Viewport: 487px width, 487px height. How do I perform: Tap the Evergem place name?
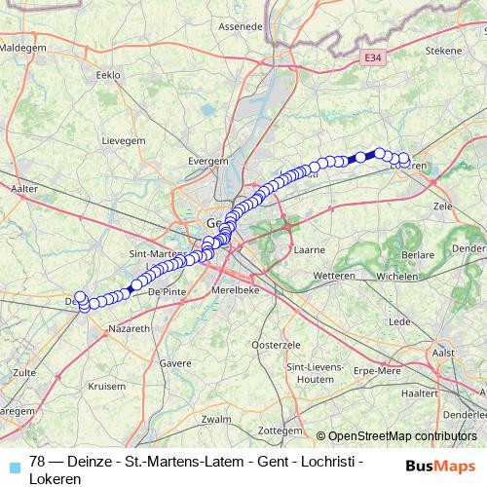(x=209, y=159)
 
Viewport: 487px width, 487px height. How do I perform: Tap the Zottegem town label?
(x=283, y=429)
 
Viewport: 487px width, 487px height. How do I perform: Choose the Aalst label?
(x=443, y=352)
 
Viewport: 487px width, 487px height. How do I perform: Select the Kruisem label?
(x=107, y=386)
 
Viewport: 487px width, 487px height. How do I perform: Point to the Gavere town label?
(x=175, y=362)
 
